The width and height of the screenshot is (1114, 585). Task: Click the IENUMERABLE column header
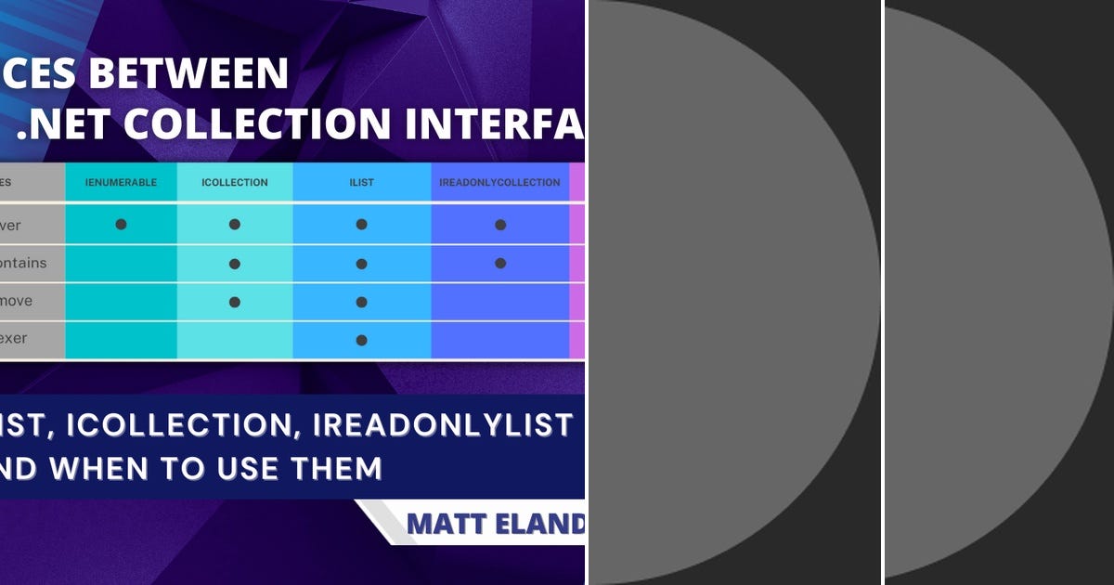click(121, 183)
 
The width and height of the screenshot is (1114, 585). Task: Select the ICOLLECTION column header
click(235, 183)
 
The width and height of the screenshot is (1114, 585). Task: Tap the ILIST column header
click(361, 183)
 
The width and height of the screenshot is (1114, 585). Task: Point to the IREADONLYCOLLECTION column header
click(499, 183)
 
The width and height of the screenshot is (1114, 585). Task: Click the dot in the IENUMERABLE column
click(121, 225)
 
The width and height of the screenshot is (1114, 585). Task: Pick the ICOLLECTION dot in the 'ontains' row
click(235, 264)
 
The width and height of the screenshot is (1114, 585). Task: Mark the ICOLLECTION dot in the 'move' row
click(235, 302)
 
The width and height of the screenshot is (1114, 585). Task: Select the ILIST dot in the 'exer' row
click(361, 340)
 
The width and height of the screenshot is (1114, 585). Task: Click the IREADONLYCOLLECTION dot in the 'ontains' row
click(500, 264)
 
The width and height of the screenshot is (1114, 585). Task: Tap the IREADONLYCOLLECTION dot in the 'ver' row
click(500, 225)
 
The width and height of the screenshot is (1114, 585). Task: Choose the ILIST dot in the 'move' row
click(361, 302)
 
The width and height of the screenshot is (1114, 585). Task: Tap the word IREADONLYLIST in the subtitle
click(443, 424)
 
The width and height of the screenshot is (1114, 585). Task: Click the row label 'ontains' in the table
click(23, 264)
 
